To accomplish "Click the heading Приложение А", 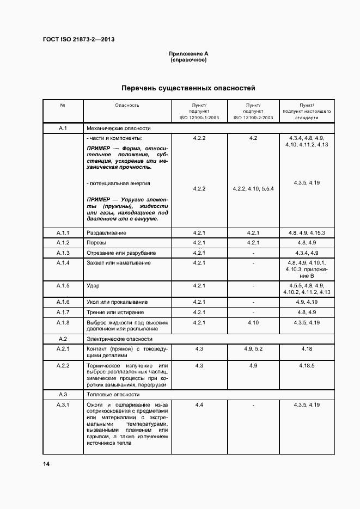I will pyautogui.click(x=188, y=54).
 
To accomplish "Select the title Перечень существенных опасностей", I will pyautogui.click(x=188, y=88).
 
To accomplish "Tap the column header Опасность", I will pyautogui.click(x=127, y=105).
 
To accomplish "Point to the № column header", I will pyautogui.click(x=63, y=105).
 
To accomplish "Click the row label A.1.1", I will pyautogui.click(x=63, y=233).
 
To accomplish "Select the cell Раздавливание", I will pyautogui.click(x=106, y=233).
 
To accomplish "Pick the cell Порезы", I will pyautogui.click(x=96, y=243).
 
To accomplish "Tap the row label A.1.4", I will pyautogui.click(x=63, y=263).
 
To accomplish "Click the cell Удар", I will pyautogui.click(x=93, y=286).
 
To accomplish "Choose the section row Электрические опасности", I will pyautogui.click(x=119, y=339).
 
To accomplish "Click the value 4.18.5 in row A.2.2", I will pyautogui.click(x=307, y=366).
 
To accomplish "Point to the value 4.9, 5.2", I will pyautogui.click(x=253, y=348).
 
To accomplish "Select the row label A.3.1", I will pyautogui.click(x=63, y=405).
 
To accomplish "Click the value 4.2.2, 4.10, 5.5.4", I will pyautogui.click(x=253, y=189).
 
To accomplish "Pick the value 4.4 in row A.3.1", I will pyautogui.click(x=199, y=405).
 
